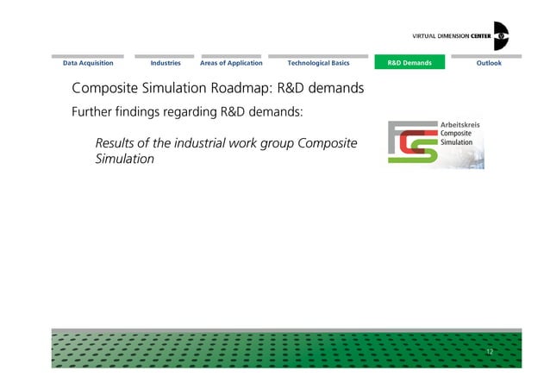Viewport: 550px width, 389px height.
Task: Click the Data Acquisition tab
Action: (88, 63)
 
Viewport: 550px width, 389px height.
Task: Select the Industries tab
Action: (166, 63)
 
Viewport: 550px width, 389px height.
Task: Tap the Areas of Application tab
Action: (231, 63)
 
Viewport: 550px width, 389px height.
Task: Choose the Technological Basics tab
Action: (318, 63)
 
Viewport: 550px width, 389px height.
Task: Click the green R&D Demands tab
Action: (409, 63)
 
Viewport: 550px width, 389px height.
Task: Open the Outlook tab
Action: (489, 63)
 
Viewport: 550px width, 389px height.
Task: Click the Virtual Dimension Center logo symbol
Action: (501, 36)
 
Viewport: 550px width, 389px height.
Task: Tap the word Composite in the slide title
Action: (107, 89)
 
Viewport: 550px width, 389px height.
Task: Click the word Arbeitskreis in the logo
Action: (460, 126)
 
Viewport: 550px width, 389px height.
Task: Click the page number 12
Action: (490, 352)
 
